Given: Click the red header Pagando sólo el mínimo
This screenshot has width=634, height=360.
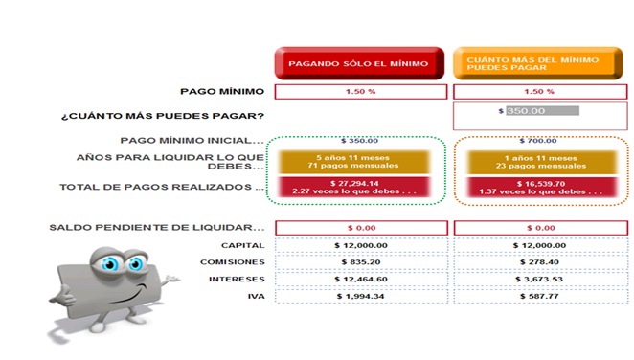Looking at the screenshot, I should click(359, 63).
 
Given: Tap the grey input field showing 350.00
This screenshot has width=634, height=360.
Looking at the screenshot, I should click(542, 111).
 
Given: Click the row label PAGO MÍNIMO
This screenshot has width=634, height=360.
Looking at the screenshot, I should click(222, 92).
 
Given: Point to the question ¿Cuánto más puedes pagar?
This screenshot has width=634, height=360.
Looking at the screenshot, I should click(163, 117).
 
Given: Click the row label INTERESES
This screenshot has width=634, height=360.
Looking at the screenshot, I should click(237, 279).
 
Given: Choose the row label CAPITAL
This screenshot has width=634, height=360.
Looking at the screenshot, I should click(243, 245).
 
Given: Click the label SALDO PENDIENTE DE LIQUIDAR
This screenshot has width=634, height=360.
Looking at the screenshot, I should click(157, 228).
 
